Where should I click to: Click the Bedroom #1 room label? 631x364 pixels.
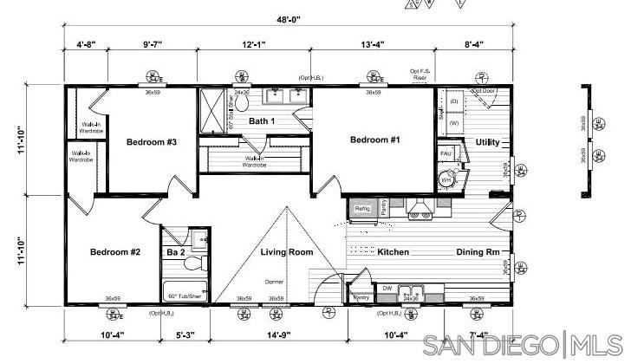pyautogui.click(x=374, y=140)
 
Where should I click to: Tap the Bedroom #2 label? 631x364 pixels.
pyautogui.click(x=115, y=252)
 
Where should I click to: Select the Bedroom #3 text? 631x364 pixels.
pyautogui.click(x=152, y=141)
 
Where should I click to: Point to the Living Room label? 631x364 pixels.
pyautogui.click(x=287, y=252)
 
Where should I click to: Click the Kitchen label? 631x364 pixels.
pyautogui.click(x=393, y=252)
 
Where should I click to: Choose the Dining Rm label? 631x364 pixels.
pyautogui.click(x=478, y=252)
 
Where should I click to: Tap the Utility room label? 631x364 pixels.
pyautogui.click(x=487, y=142)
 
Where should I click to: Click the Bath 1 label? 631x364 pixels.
pyautogui.click(x=262, y=120)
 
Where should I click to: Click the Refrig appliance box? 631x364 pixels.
pyautogui.click(x=362, y=208)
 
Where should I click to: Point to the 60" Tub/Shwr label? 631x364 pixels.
pyautogui.click(x=184, y=295)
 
